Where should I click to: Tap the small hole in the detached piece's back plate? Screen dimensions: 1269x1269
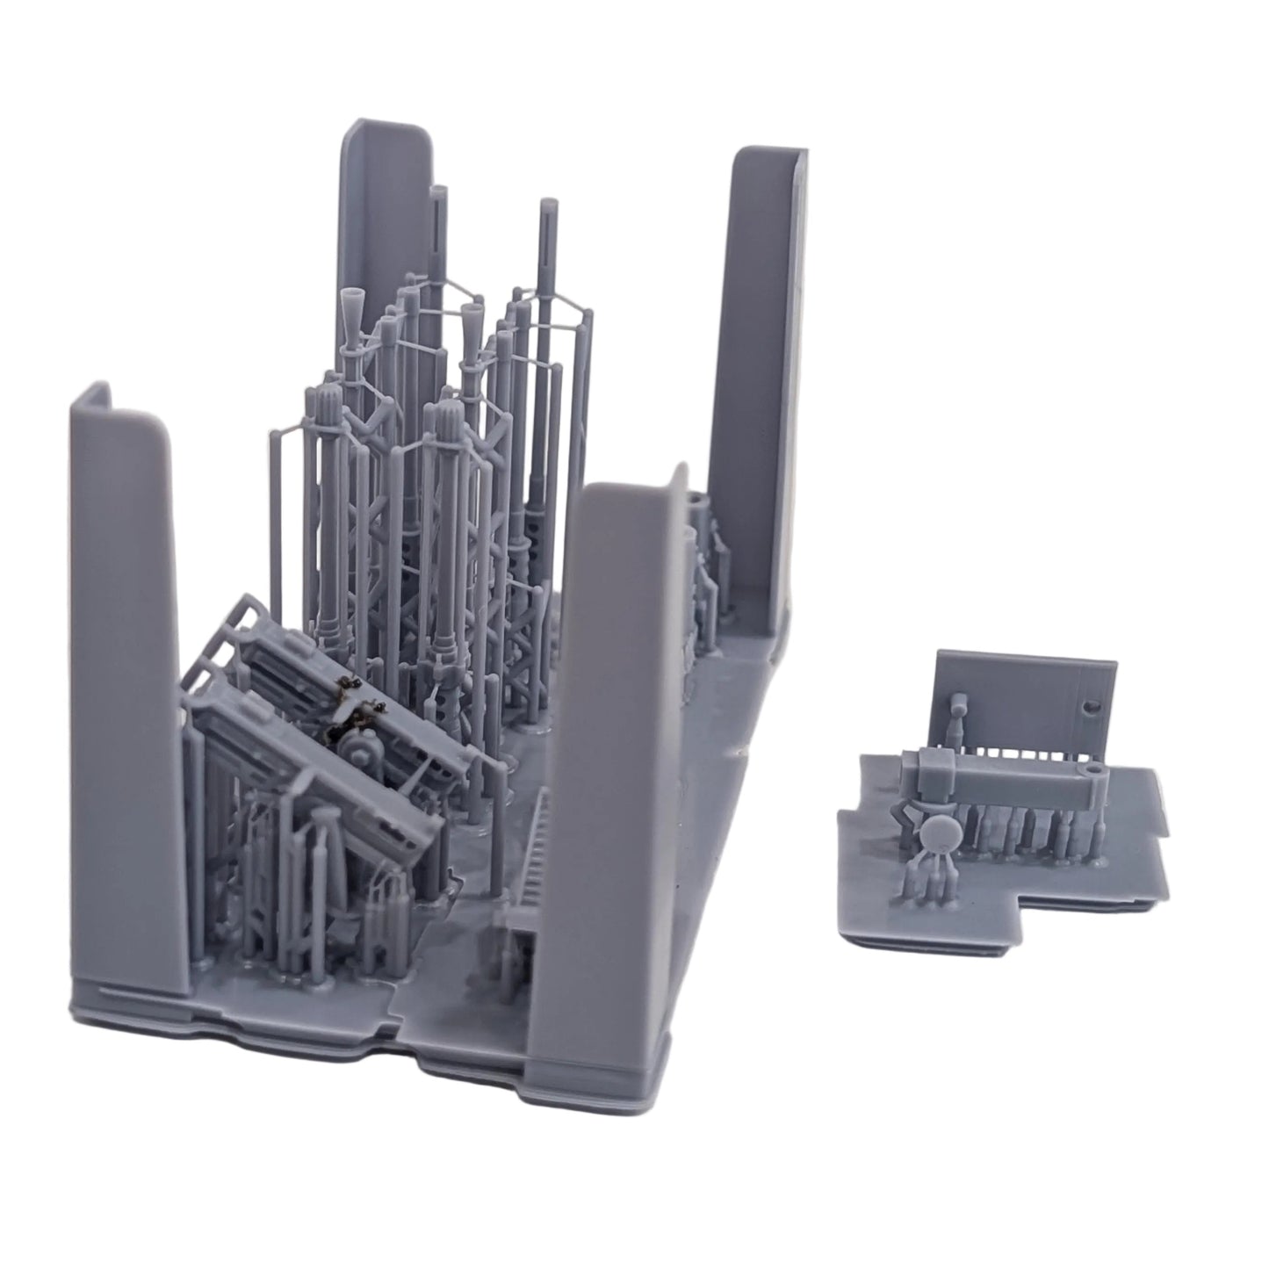[x=1092, y=705]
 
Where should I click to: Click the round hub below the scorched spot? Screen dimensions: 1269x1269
[x=360, y=751]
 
